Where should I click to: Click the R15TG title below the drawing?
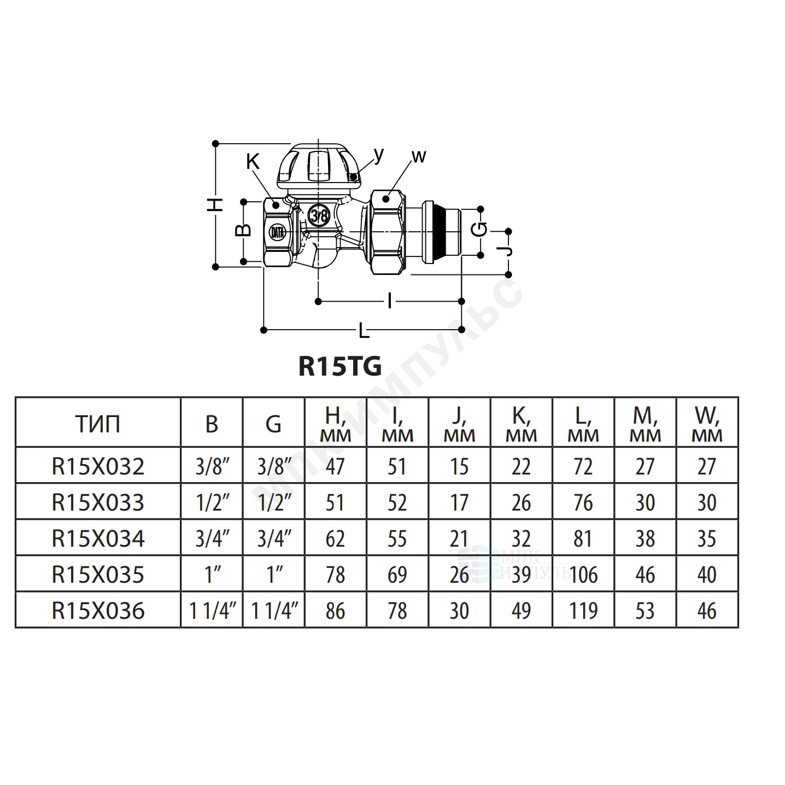(340, 366)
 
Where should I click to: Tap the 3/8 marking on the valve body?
(319, 215)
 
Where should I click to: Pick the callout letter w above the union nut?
(419, 156)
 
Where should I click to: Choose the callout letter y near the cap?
(379, 155)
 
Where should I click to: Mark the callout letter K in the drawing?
(253, 162)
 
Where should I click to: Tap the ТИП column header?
(98, 424)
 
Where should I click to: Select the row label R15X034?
(98, 538)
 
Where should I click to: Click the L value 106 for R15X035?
(583, 575)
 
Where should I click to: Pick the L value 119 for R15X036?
(583, 611)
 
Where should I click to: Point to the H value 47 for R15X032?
(335, 466)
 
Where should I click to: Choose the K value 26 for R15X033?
(522, 503)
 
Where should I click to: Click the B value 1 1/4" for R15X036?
(212, 611)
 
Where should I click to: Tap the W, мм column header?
(707, 424)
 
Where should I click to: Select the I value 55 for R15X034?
(397, 538)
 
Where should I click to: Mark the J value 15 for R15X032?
(460, 466)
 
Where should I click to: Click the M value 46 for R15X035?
(645, 575)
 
